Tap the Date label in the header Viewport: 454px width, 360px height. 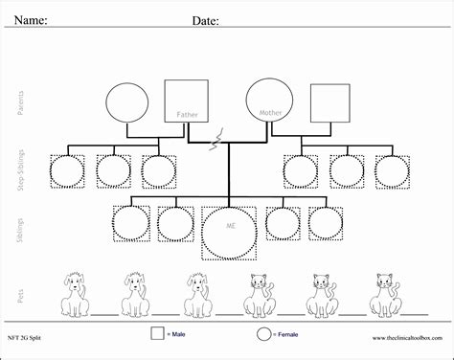(x=205, y=19)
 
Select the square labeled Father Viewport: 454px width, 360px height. (x=186, y=101)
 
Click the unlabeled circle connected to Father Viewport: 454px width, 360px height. (x=125, y=104)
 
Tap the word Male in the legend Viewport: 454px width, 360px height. (x=180, y=335)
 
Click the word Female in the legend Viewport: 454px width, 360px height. (x=288, y=335)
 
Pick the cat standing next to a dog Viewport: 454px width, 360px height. (x=256, y=292)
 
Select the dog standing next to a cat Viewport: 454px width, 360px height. (x=196, y=292)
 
